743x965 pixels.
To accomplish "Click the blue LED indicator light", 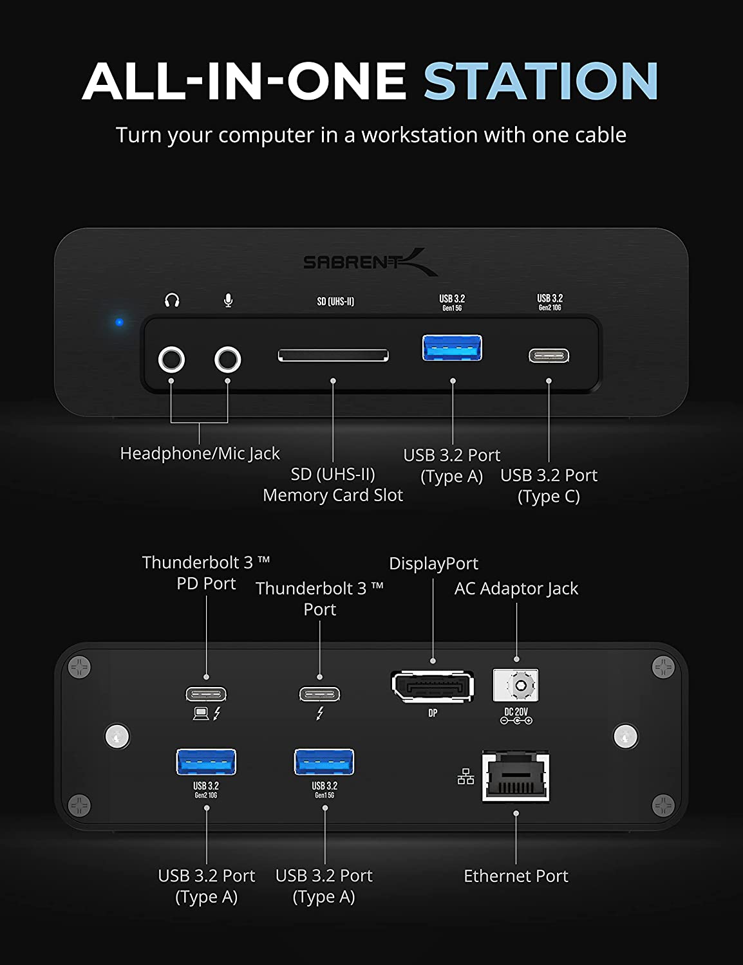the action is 119,322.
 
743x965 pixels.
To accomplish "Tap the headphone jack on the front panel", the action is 171,359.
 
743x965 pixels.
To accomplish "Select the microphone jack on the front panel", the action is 227,359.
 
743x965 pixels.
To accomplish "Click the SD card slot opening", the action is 334,355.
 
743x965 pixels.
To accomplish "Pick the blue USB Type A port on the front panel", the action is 452,347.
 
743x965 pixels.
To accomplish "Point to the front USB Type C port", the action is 549,356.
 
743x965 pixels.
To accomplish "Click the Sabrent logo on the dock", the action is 370,262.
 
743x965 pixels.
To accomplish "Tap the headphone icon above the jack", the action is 172,300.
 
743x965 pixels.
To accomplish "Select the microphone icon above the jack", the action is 228,300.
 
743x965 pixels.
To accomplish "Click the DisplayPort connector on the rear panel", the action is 433,686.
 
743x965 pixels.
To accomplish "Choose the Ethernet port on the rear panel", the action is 516,777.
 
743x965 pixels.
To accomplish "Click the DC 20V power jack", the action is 516,685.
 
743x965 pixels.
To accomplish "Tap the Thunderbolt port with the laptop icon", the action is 206,694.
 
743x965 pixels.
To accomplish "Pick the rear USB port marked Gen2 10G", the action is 206,762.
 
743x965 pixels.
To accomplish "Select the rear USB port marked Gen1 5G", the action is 324,762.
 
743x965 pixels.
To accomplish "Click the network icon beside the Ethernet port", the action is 466,777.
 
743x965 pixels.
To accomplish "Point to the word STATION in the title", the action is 540,81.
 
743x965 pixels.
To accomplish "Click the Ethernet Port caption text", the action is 516,876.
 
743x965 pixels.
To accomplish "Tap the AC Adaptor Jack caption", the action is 516,589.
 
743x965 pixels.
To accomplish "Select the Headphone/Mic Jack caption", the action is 200,454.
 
